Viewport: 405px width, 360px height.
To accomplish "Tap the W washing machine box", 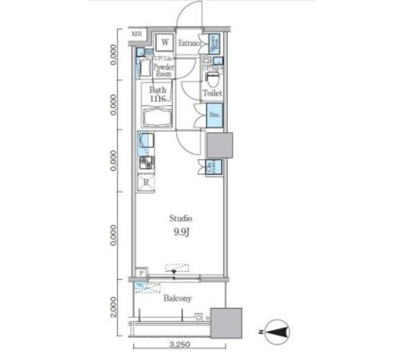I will pos(165,42).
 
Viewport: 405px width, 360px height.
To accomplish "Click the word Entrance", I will pos(190,43).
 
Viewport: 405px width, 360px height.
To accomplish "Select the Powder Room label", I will pos(163,70).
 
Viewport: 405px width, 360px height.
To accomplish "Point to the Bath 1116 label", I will pos(158,94).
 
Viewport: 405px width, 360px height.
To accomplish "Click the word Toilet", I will pos(212,94).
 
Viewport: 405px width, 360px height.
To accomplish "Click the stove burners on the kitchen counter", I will pos(146,163).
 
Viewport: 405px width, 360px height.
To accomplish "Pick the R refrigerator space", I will pos(146,183).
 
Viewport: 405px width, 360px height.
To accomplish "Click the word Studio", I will pos(180,218).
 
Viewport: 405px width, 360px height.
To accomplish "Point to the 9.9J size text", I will pos(181,232).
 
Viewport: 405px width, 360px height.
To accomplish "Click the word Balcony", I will pos(178,298).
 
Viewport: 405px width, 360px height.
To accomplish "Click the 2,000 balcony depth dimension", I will pos(113,308).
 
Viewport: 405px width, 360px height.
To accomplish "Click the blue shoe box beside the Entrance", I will pos(214,42).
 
